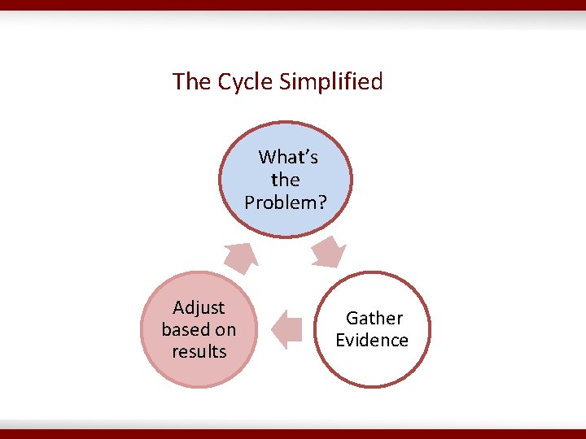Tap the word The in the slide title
[x=191, y=82]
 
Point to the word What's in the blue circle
[x=288, y=157]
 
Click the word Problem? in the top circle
[x=286, y=202]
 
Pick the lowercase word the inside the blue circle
[x=286, y=180]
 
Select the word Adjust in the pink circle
[x=199, y=308]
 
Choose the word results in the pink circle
[x=199, y=352]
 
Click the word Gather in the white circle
[x=374, y=319]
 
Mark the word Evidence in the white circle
[x=372, y=341]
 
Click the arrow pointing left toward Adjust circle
[x=285, y=329]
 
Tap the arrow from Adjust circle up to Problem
[x=242, y=258]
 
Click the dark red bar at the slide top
[x=293, y=5]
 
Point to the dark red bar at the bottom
[x=293, y=434]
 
